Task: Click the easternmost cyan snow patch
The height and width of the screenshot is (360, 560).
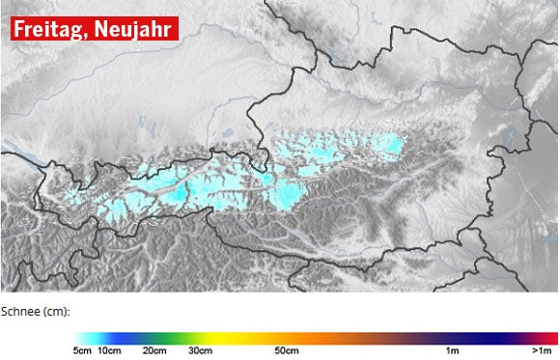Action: (x=391, y=146)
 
